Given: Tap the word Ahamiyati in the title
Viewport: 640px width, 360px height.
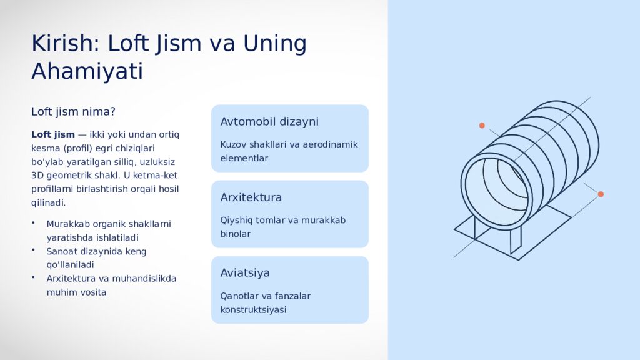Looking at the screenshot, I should [87, 71].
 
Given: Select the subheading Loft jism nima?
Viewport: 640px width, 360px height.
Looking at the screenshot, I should [73, 112].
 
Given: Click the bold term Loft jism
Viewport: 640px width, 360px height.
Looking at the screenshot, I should [53, 134].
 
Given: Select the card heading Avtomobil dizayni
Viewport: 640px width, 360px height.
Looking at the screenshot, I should [269, 122].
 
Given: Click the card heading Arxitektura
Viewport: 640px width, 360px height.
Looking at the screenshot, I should [251, 197].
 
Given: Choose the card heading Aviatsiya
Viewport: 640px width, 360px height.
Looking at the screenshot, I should [245, 273].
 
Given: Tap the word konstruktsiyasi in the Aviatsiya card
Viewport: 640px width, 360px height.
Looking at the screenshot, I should [253, 310].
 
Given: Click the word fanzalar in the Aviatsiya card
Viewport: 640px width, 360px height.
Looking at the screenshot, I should [292, 296].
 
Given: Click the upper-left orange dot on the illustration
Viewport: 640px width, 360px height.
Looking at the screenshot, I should [482, 126].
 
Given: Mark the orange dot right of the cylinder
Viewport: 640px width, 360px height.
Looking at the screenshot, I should [601, 194].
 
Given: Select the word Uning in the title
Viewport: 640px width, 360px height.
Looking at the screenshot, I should [275, 44].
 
